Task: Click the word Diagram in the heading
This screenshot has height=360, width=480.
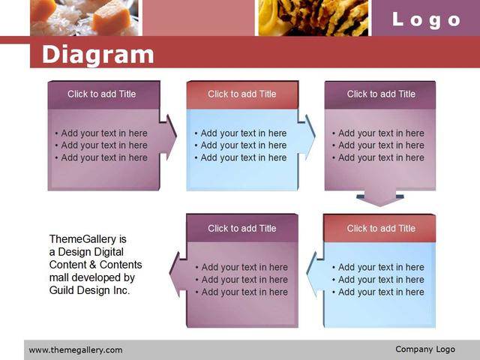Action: (98, 55)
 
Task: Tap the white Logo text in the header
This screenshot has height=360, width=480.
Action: (427, 20)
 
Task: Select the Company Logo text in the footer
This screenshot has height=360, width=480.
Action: (425, 349)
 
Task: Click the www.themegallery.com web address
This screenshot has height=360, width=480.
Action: (76, 350)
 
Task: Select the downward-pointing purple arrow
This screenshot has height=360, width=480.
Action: (380, 198)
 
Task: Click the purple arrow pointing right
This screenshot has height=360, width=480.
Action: (168, 137)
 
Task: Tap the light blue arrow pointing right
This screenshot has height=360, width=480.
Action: (307, 137)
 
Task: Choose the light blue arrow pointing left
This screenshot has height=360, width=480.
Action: (315, 274)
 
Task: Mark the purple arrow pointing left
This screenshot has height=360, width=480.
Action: (178, 274)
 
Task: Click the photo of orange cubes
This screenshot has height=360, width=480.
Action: (84, 18)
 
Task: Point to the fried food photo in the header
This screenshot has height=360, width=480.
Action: (313, 18)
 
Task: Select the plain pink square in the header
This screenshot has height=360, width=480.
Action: (198, 18)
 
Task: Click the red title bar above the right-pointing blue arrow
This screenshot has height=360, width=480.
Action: (242, 94)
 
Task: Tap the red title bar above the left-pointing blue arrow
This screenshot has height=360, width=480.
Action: (379, 228)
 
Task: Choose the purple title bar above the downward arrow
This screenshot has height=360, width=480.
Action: (380, 94)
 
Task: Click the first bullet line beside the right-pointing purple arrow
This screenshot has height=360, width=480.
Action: (101, 133)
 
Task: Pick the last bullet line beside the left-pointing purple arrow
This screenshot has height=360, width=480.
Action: (241, 292)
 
